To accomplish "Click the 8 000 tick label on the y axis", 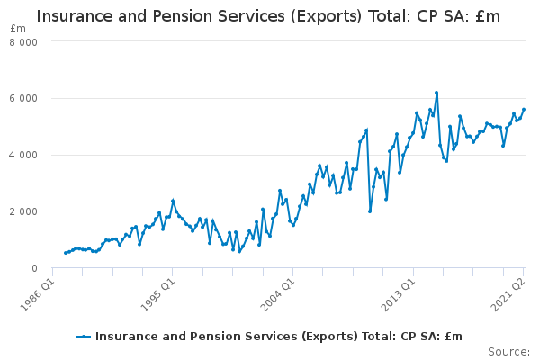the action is [x=23, y=42].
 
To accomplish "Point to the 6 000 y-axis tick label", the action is [x=23, y=98].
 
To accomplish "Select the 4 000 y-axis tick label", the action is [x=23, y=155].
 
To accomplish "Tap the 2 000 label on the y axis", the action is [x=23, y=211].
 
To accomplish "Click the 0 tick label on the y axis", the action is [x=34, y=268].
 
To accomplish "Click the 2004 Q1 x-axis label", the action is [x=278, y=295].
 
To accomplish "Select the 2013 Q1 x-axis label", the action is [x=399, y=295].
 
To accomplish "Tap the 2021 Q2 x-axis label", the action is [x=508, y=295].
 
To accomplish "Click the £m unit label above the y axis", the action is [x=18, y=29].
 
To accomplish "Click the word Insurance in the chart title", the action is [x=75, y=16].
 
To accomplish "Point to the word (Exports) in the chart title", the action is [x=326, y=16].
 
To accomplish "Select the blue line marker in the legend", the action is [x=84, y=337].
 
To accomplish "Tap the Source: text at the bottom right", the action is [x=509, y=352].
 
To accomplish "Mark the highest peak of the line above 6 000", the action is [x=436, y=93].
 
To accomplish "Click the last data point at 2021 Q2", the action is [x=524, y=110].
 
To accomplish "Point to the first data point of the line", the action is [x=66, y=253].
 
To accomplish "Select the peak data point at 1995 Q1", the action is [x=173, y=201].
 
